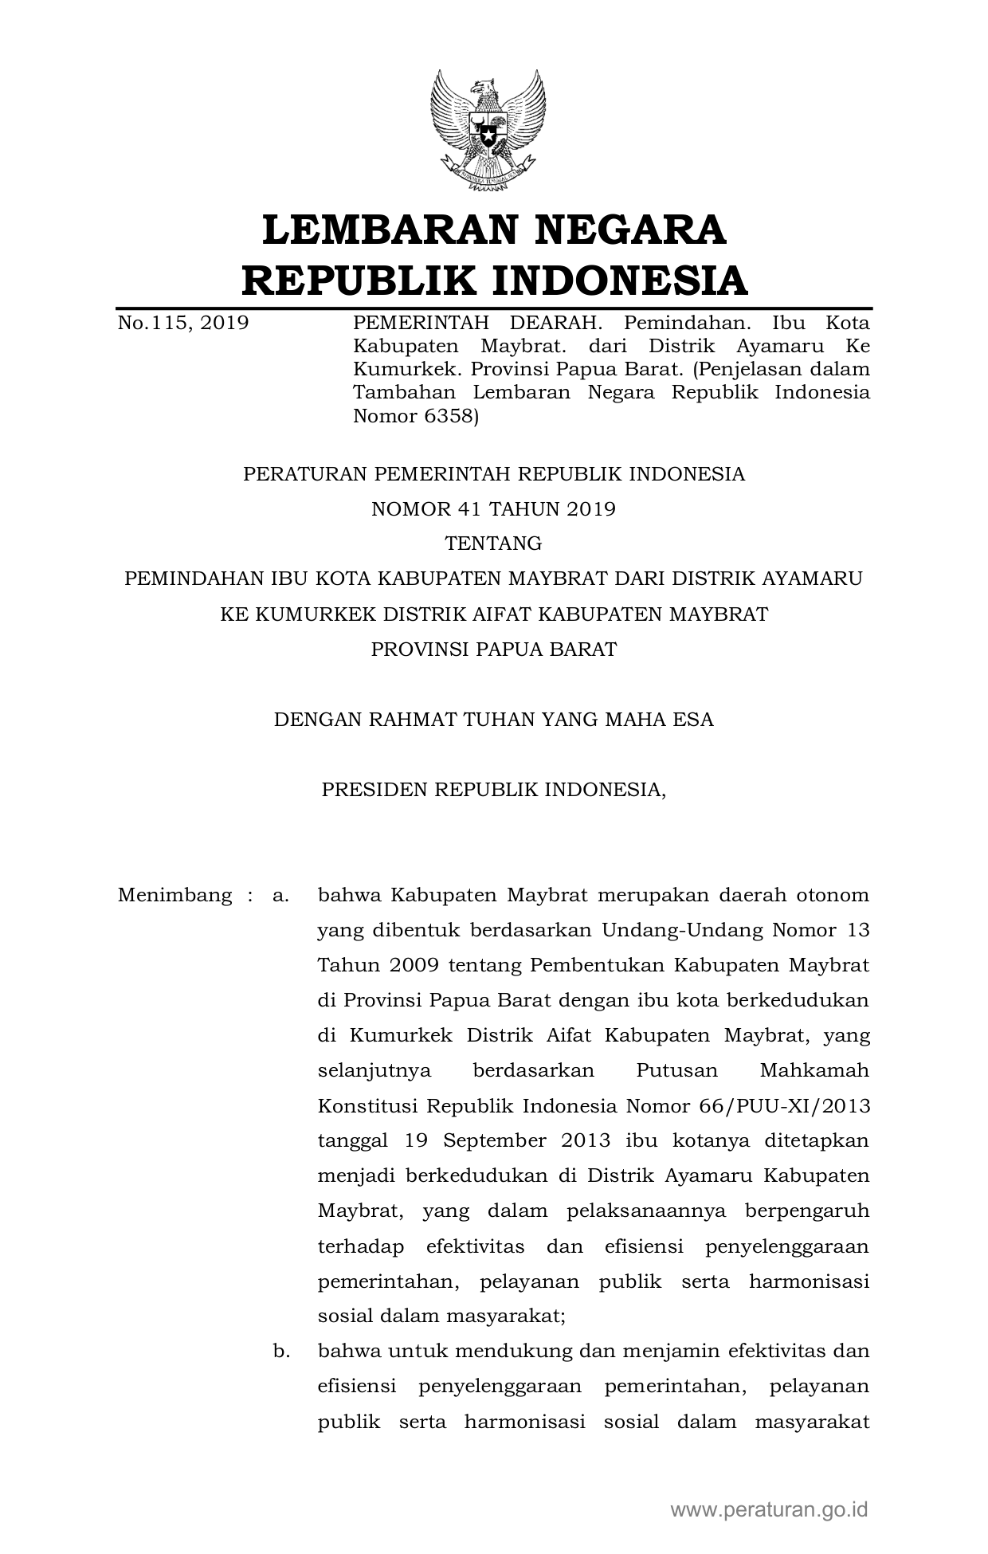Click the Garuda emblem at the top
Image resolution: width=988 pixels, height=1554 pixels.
point(488,131)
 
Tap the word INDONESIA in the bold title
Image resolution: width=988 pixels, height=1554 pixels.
point(618,281)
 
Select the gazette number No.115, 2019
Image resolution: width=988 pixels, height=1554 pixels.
point(182,323)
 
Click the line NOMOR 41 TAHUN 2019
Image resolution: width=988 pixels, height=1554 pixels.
point(493,508)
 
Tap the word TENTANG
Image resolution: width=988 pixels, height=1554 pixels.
point(493,544)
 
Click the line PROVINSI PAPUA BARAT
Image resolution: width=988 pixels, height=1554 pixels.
point(493,649)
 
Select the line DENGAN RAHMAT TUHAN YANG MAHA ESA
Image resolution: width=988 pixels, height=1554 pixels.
point(493,720)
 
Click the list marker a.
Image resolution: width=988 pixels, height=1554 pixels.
point(280,895)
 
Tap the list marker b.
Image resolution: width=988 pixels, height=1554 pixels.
point(280,1351)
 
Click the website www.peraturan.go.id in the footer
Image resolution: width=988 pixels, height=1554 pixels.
point(769,1509)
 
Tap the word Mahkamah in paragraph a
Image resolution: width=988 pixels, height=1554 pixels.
point(814,1070)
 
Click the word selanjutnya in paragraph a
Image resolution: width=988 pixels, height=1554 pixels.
point(374,1070)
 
